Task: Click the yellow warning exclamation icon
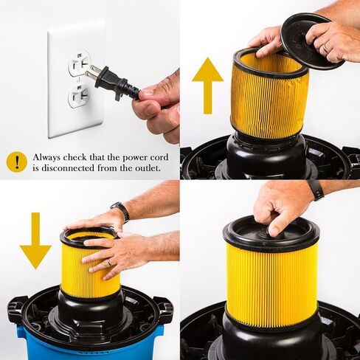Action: [x=15, y=162]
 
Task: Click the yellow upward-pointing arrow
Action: [x=207, y=81]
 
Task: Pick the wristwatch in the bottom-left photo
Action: [x=120, y=211]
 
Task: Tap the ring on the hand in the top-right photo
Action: [x=326, y=48]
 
